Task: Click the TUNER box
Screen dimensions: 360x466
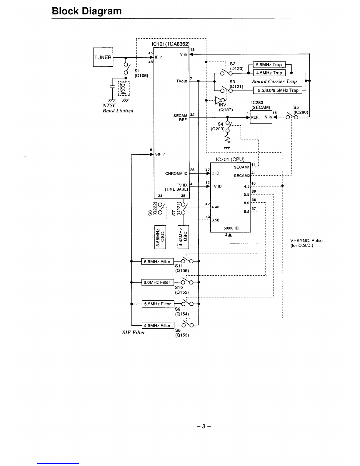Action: (x=103, y=57)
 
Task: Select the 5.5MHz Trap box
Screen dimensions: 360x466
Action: (x=269, y=64)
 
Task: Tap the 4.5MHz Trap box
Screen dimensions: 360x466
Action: (x=269, y=73)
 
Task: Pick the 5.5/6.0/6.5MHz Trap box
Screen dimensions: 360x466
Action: (x=278, y=90)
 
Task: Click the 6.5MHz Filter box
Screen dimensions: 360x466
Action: (x=157, y=262)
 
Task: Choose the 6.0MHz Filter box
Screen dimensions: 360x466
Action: (x=158, y=282)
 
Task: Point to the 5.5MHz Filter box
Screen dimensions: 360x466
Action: (x=158, y=304)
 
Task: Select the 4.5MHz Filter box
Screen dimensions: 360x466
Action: (x=158, y=325)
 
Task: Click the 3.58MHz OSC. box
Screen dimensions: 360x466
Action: (x=160, y=237)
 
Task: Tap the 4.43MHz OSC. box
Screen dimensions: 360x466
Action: (x=183, y=237)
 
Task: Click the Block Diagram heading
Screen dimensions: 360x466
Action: (x=87, y=11)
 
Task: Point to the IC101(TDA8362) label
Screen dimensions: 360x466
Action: (x=171, y=44)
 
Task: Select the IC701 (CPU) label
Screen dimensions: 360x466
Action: (x=230, y=159)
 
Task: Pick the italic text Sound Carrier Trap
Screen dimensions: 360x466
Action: (x=274, y=81)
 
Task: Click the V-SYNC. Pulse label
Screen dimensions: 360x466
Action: (x=306, y=241)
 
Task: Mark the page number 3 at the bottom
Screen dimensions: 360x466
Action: (x=204, y=426)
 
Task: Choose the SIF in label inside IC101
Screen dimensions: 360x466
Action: (x=160, y=154)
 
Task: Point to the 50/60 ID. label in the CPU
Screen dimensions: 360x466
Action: (x=231, y=228)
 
